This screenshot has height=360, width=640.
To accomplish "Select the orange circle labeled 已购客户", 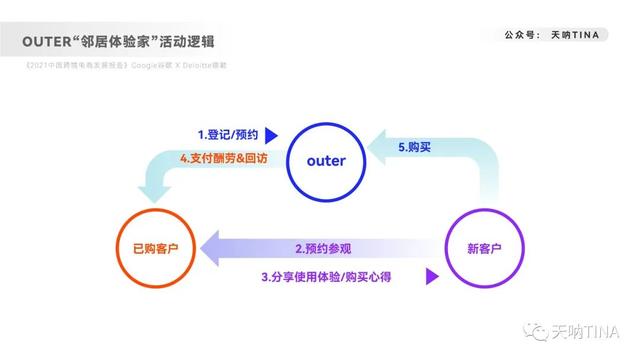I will (x=150, y=248).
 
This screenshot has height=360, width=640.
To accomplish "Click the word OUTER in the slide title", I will (x=47, y=41).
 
